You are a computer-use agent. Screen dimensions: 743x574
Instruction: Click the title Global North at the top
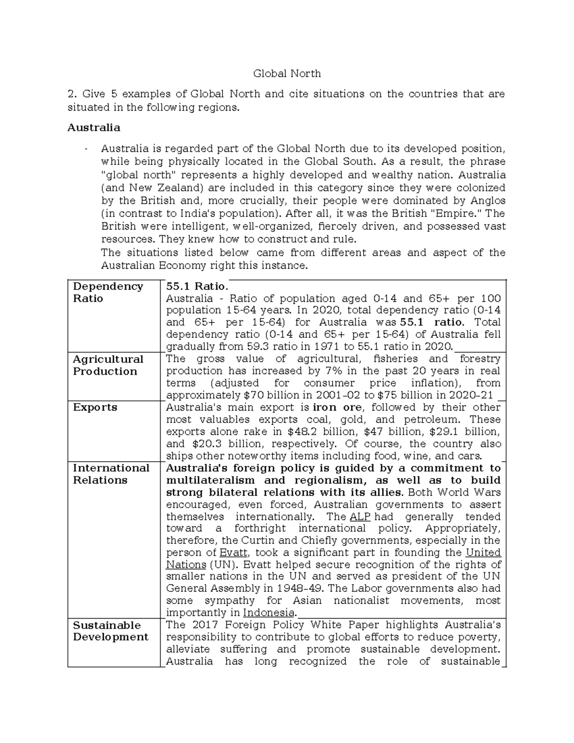(287, 74)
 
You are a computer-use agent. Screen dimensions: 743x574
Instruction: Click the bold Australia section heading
(94, 128)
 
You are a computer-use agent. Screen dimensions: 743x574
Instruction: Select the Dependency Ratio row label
(108, 292)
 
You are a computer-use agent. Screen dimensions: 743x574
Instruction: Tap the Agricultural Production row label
(108, 365)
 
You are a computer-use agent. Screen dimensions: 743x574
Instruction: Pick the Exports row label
(95, 407)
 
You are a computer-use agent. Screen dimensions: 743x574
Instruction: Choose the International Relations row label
(111, 474)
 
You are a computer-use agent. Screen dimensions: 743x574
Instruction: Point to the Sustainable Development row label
(110, 631)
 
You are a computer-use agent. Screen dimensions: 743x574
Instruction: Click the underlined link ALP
(360, 517)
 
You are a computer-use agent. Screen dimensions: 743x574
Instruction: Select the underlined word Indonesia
(269, 613)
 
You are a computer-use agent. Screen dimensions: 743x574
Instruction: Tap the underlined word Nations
(186, 565)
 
